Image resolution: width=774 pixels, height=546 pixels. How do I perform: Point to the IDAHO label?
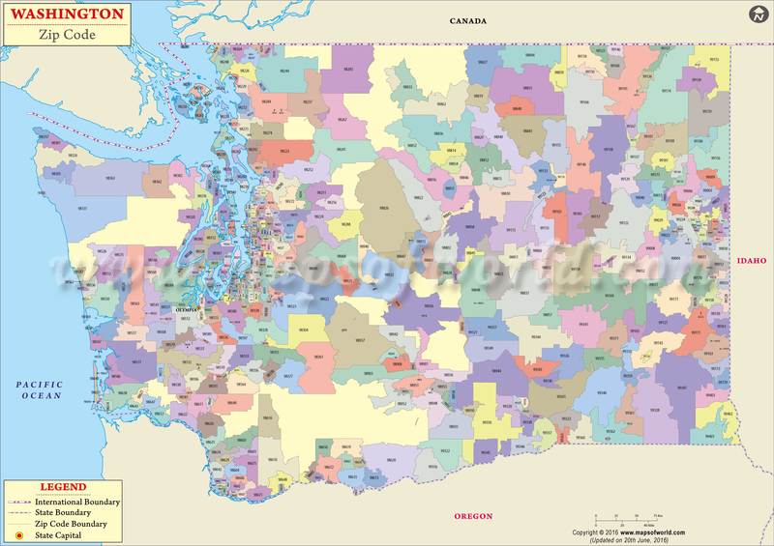751,261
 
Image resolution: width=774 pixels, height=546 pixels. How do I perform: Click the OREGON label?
474,517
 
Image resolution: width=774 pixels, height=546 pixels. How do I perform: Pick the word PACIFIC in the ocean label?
39,385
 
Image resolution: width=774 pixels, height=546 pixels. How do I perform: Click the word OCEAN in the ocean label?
39,396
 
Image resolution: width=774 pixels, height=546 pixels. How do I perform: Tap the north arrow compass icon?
758,14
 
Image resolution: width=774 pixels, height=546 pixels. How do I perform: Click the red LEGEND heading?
62,487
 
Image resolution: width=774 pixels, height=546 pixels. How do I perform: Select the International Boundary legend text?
77,502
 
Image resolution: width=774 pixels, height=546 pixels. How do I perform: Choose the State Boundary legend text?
66,513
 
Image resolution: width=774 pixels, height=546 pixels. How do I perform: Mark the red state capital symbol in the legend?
18,534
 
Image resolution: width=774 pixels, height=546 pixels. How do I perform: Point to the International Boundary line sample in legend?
18,503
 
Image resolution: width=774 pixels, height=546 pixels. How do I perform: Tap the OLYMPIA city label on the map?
185,310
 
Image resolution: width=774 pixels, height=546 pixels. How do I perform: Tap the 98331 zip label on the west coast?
83,208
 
